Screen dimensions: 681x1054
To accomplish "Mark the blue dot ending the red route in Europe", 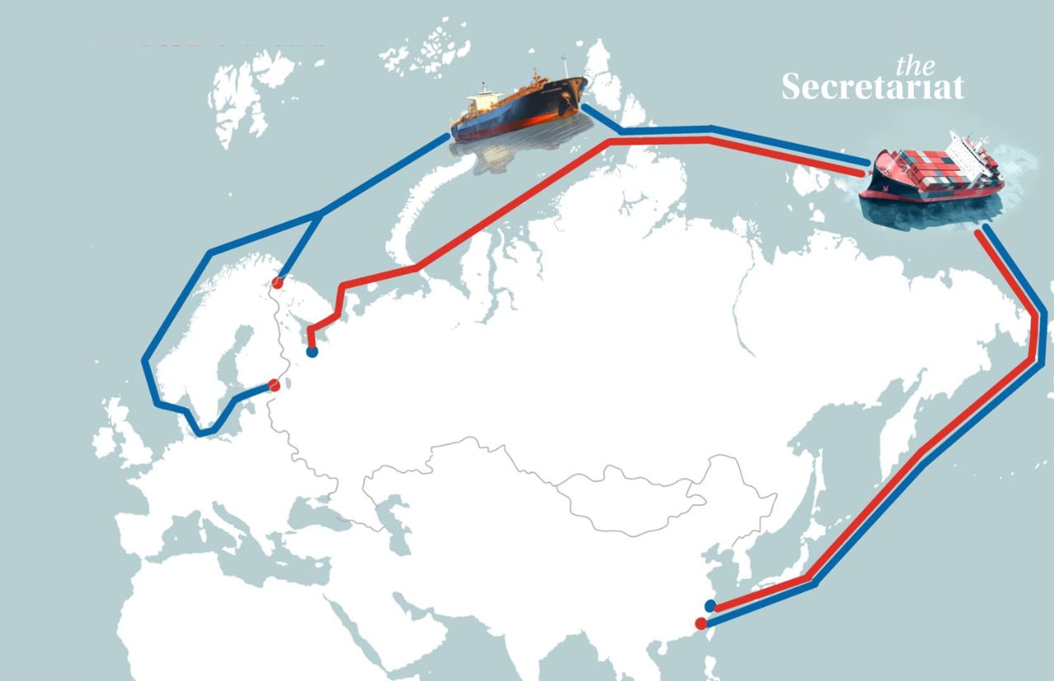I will pos(312,352).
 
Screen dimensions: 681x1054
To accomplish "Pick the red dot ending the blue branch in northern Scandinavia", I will pos(279,283).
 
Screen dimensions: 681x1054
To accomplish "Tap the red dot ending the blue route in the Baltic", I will pos(275,385).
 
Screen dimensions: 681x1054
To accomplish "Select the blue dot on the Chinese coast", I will pos(710,606).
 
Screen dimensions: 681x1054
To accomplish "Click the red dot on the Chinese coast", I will pos(701,623).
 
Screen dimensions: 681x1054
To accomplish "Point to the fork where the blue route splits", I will pos(320,214).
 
